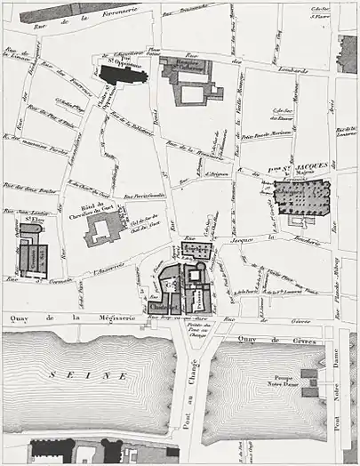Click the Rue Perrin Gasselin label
[144, 196]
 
